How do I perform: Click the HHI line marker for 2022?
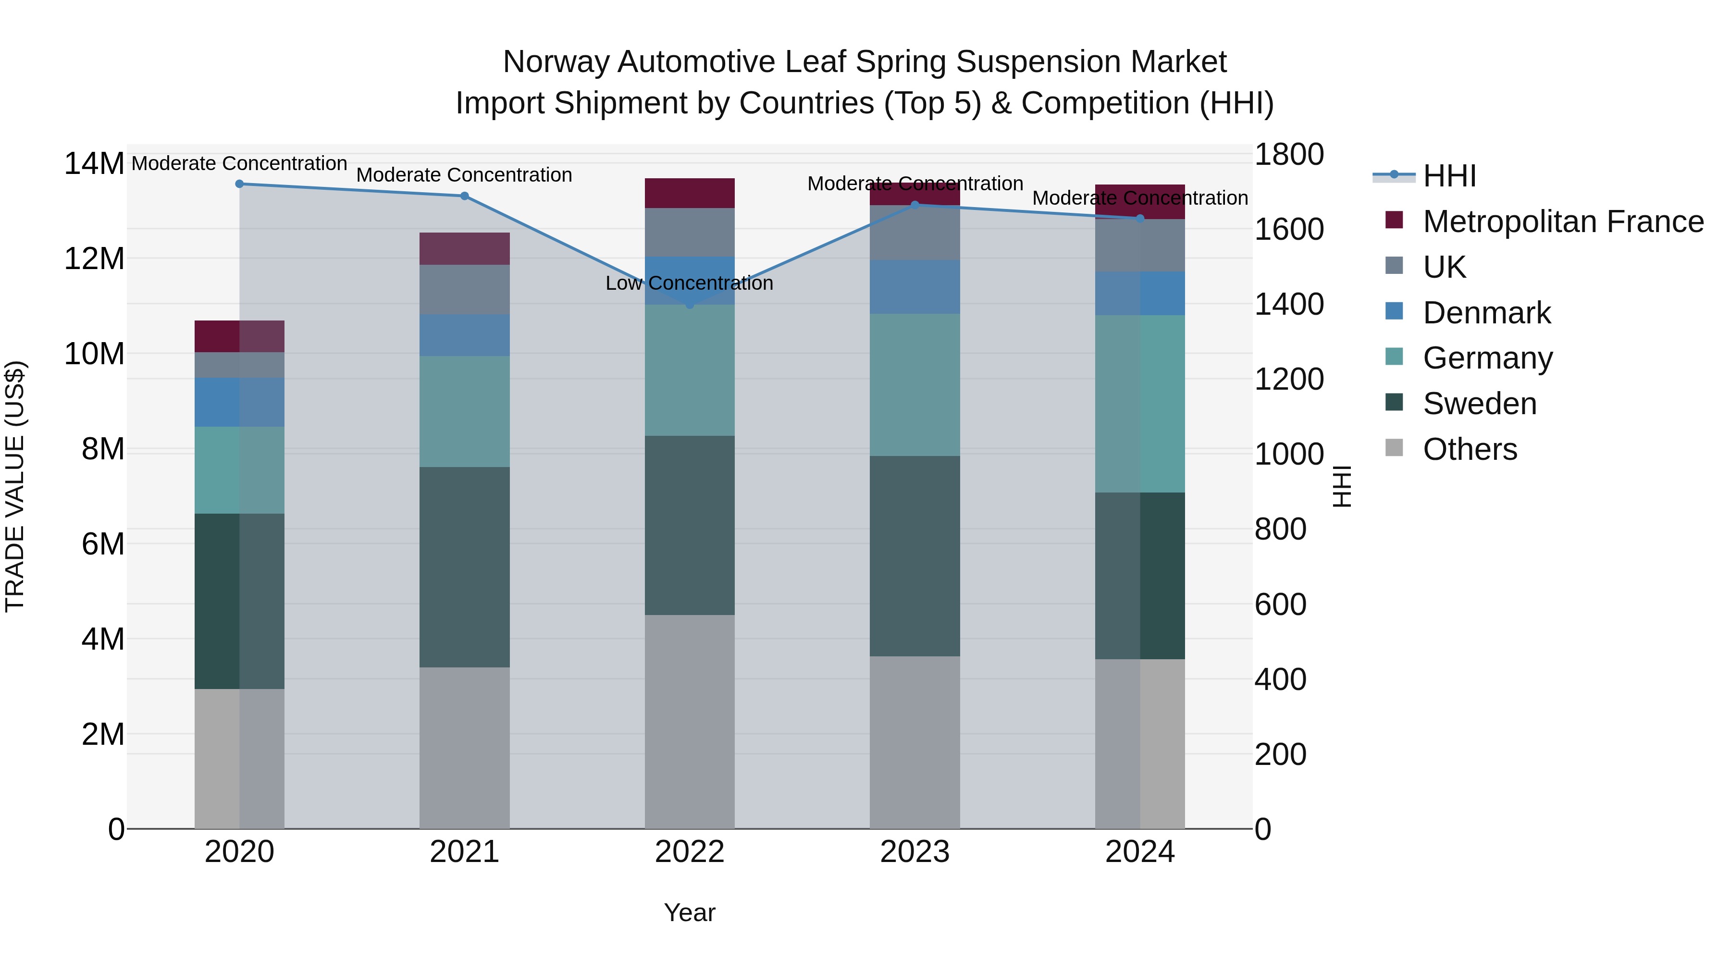pyautogui.click(x=690, y=304)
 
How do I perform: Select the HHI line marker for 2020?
pyautogui.click(x=240, y=184)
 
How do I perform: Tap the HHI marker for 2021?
pyautogui.click(x=464, y=196)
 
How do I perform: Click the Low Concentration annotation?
pyautogui.click(x=689, y=283)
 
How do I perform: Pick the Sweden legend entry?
pyautogui.click(x=1480, y=404)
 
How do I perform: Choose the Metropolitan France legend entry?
pyautogui.click(x=1563, y=222)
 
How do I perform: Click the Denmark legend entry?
pyautogui.click(x=1486, y=313)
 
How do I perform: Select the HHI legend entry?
pyautogui.click(x=1449, y=176)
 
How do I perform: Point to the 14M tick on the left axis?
pyautogui.click(x=94, y=164)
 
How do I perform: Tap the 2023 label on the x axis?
pyautogui.click(x=914, y=852)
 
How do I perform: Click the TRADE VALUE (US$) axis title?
pyautogui.click(x=15, y=486)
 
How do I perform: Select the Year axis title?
pyautogui.click(x=690, y=912)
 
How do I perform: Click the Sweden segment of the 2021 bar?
pyautogui.click(x=464, y=567)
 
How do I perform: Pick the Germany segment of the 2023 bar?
pyautogui.click(x=914, y=385)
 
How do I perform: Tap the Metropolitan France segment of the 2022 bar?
pyautogui.click(x=690, y=193)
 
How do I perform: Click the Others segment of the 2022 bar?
pyautogui.click(x=690, y=721)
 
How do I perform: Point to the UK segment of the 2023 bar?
pyautogui.click(x=914, y=233)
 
